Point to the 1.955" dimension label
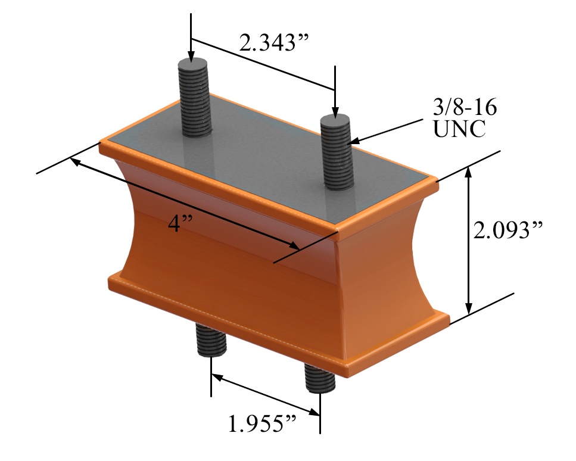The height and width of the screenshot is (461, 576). point(263,423)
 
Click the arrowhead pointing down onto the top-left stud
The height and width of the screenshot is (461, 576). point(191,57)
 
